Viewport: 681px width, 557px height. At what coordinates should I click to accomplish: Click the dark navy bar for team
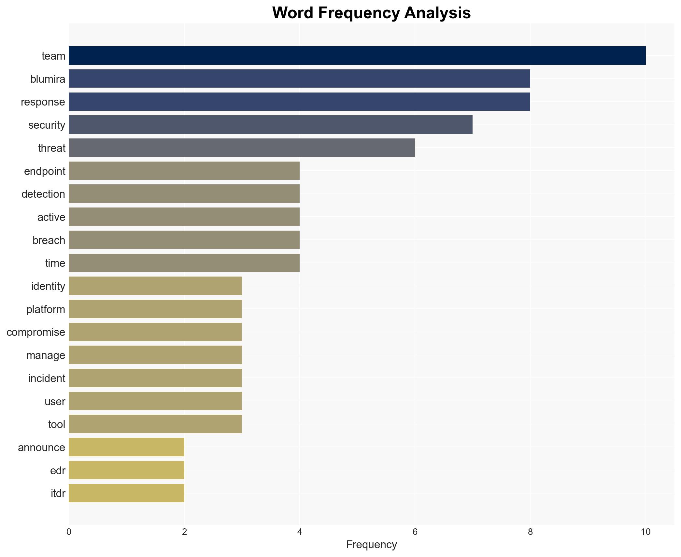(x=357, y=56)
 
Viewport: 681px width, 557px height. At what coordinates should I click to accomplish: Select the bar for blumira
(x=299, y=79)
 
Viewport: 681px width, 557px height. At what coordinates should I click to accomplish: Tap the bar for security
(x=270, y=125)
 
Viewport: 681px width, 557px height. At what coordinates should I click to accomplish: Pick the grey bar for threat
(x=242, y=148)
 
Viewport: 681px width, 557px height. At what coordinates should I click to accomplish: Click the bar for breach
(x=184, y=240)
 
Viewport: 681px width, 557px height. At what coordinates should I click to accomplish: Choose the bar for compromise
(x=155, y=332)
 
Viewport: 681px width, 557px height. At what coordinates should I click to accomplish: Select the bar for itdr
(x=126, y=493)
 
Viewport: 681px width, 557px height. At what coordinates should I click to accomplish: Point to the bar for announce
(x=126, y=448)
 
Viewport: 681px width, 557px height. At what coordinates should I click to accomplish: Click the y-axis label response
(x=43, y=102)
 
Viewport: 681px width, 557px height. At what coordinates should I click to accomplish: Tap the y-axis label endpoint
(x=45, y=171)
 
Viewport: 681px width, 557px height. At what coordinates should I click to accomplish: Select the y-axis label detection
(x=43, y=194)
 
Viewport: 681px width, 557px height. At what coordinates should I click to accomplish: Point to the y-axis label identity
(x=48, y=286)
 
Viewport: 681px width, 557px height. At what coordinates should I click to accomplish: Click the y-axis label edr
(x=58, y=471)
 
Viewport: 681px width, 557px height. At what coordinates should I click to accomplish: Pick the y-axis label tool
(x=57, y=424)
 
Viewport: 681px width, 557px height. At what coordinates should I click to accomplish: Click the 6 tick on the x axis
(x=415, y=532)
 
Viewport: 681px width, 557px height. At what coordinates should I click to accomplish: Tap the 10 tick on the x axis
(x=646, y=532)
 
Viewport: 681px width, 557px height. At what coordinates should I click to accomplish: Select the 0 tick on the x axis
(x=69, y=532)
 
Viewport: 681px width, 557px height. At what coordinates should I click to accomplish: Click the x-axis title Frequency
(x=371, y=545)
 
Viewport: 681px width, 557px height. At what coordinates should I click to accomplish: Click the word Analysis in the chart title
(x=437, y=13)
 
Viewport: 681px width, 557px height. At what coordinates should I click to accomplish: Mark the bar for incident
(x=155, y=378)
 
